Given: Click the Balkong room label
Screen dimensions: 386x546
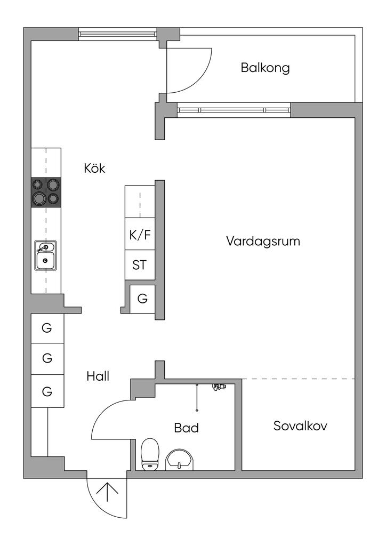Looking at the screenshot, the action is (x=265, y=68).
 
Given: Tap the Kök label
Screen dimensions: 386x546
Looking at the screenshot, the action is (x=94, y=168).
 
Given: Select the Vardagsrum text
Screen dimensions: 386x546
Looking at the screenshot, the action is (x=263, y=241).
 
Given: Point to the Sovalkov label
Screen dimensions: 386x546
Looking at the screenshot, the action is (x=300, y=425).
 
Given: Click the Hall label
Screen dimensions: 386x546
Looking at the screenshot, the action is (x=98, y=376).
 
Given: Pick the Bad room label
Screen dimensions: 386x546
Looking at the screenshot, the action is (x=186, y=428).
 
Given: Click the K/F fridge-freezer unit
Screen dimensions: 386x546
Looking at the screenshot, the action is (x=140, y=234).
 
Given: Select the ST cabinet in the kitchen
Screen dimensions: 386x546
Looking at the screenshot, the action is (x=140, y=265).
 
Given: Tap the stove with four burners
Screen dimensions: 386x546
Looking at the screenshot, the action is (x=46, y=192).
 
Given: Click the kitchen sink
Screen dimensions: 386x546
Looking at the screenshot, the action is (x=45, y=255).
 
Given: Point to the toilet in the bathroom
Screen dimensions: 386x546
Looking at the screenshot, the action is (x=150, y=454).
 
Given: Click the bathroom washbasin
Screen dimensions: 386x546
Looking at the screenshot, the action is (x=179, y=460).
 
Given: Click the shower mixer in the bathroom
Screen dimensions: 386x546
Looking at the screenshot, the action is (x=219, y=387).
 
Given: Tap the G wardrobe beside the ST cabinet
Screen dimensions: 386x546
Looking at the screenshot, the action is (x=142, y=299).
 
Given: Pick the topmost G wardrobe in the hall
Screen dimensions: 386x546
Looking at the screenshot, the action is (x=47, y=328).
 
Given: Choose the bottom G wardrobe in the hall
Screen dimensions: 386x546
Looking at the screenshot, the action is (x=47, y=391).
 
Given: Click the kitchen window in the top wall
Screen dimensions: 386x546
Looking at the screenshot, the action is (x=117, y=34).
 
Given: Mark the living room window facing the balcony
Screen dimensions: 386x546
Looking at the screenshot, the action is (x=234, y=110).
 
